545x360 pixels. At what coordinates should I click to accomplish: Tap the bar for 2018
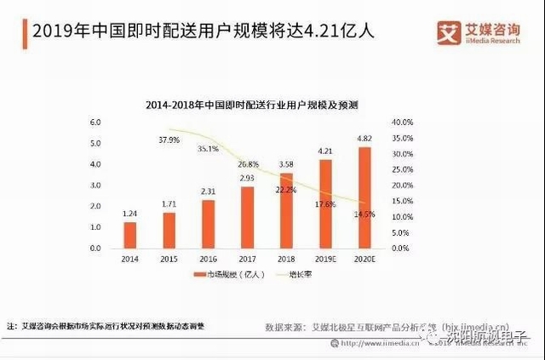(286, 210)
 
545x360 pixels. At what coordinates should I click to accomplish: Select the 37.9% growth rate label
(169, 140)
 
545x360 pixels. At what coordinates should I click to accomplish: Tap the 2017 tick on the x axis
(247, 259)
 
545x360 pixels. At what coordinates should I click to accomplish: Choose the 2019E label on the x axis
(325, 259)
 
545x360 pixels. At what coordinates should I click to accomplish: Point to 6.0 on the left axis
(95, 123)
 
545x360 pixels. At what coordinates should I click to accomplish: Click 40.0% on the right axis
(402, 123)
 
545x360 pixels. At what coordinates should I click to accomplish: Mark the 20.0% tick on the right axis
(402, 186)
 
